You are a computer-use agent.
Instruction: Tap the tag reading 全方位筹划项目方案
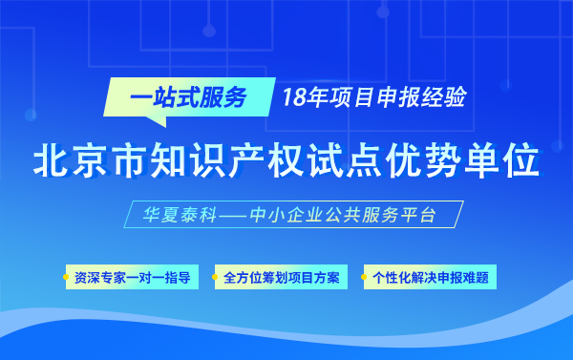(x=281, y=279)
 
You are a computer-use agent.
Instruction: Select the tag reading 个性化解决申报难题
(x=430, y=279)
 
